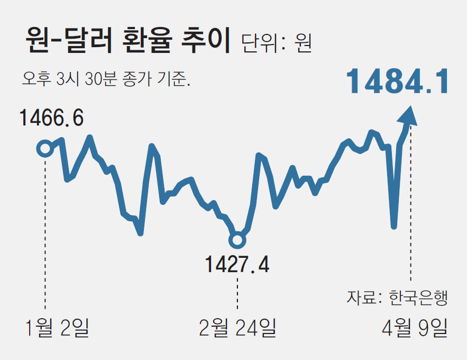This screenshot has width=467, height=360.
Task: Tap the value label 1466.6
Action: click(x=52, y=118)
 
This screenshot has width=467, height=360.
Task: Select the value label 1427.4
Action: click(x=237, y=264)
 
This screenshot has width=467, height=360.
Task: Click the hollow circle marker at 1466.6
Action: click(x=45, y=149)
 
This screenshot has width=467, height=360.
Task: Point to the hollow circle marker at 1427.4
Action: click(x=237, y=240)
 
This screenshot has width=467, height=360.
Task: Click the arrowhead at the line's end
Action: click(x=410, y=115)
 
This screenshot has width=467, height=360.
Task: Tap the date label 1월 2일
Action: click(x=57, y=328)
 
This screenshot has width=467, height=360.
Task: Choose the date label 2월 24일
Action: click(x=237, y=328)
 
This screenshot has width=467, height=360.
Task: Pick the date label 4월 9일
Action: click(x=415, y=328)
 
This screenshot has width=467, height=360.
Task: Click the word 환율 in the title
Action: click(x=151, y=42)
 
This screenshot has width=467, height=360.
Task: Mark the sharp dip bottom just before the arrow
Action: click(x=393, y=226)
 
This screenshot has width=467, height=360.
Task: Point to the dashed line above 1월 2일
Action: click(x=45, y=233)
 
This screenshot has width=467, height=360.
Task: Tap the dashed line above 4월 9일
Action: click(x=410, y=212)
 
